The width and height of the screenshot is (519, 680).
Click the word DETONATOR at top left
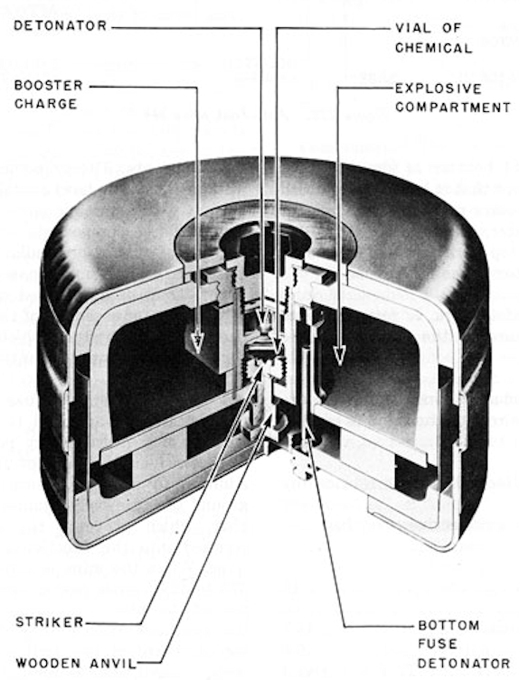[61, 25]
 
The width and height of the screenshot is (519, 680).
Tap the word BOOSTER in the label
[49, 85]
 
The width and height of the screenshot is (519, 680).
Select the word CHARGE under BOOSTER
[45, 104]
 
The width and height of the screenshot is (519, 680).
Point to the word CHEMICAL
[433, 48]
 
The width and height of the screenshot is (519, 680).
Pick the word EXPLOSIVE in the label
[439, 88]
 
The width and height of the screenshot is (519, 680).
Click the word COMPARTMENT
[453, 107]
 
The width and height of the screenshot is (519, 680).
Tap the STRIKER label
[50, 622]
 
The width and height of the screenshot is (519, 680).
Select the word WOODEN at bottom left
[48, 663]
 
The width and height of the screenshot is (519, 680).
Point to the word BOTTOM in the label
[448, 625]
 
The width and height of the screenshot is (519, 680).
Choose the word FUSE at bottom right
[438, 644]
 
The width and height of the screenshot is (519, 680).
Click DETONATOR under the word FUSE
[464, 663]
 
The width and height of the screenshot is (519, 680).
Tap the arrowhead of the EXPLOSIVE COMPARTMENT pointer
[339, 355]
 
